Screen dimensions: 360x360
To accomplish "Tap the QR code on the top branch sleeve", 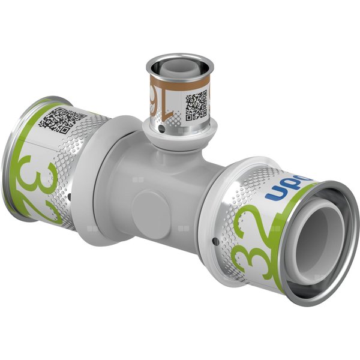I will pyautogui.click(x=196, y=105).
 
